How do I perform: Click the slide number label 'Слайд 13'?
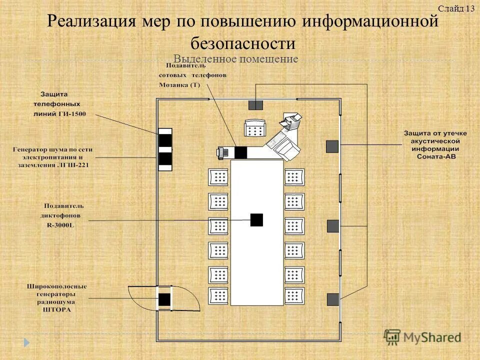click(x=456, y=8)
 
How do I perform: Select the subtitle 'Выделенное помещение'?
click(x=235, y=59)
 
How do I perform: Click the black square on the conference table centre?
click(x=256, y=219)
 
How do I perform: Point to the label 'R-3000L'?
click(x=60, y=225)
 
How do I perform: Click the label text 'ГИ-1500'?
click(x=73, y=114)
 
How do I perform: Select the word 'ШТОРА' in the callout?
click(x=56, y=309)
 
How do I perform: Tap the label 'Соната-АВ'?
click(x=436, y=156)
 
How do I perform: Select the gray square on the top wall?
click(x=256, y=104)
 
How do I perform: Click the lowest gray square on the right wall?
click(x=332, y=299)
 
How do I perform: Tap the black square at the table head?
click(x=241, y=152)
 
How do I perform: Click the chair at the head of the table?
click(x=255, y=128)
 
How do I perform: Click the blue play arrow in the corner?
click(x=26, y=343)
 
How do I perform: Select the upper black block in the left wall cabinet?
click(x=164, y=140)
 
